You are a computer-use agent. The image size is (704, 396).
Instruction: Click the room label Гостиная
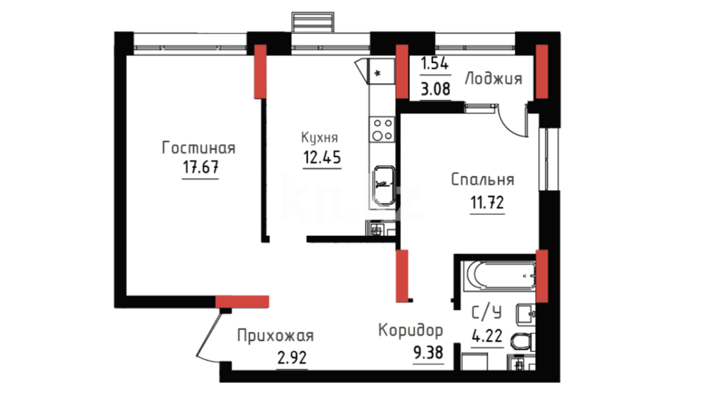pyautogui.click(x=198, y=148)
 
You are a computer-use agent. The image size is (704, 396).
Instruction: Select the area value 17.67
pyautogui.click(x=201, y=167)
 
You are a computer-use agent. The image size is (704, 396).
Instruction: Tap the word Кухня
pyautogui.click(x=319, y=137)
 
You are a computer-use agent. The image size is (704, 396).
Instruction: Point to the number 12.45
pyautogui.click(x=322, y=157)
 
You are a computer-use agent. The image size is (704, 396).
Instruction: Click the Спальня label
pyautogui.click(x=483, y=180)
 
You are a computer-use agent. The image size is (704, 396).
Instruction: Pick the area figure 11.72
pyautogui.click(x=487, y=202)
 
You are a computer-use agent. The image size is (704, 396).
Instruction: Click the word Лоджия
pyautogui.click(x=494, y=79)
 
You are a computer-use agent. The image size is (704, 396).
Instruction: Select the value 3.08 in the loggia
pyautogui.click(x=435, y=89)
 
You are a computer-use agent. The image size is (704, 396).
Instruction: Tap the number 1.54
pyautogui.click(x=434, y=63)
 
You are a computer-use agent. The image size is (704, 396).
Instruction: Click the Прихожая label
pyautogui.click(x=275, y=336)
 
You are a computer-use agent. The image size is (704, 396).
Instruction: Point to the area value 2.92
pyautogui.click(x=292, y=357)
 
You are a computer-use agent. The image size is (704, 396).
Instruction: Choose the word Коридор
pyautogui.click(x=410, y=330)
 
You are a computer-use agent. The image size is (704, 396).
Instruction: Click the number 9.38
pyautogui.click(x=428, y=352)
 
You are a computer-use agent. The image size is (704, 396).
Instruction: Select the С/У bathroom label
pyautogui.click(x=487, y=313)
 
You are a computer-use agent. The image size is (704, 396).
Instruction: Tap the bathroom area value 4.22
pyautogui.click(x=487, y=335)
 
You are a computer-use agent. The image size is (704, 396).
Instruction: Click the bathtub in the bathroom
pyautogui.click(x=498, y=276)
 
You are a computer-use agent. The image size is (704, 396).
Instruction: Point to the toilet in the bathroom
pyautogui.click(x=524, y=341)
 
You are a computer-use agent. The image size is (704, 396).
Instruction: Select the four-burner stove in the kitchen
pyautogui.click(x=382, y=129)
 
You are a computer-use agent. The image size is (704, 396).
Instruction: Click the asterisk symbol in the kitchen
pyautogui.click(x=377, y=73)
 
